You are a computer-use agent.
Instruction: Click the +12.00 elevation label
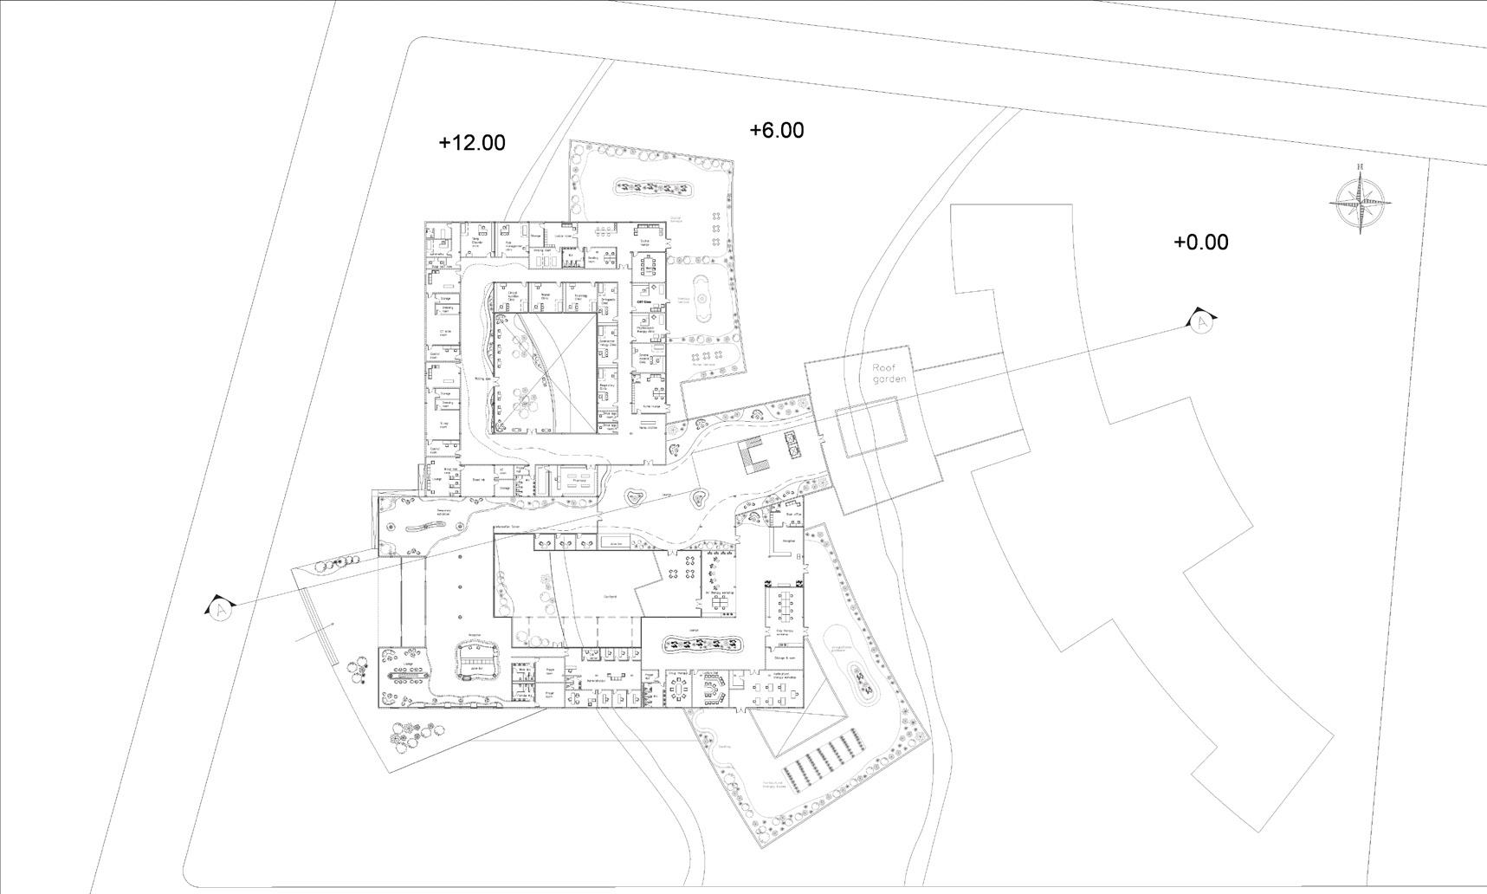(x=472, y=143)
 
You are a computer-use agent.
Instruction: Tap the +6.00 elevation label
(x=776, y=130)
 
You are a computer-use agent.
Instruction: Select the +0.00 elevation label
(x=1200, y=243)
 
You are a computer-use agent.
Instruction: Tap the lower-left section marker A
(x=221, y=610)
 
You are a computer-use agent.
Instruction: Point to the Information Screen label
(x=506, y=527)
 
